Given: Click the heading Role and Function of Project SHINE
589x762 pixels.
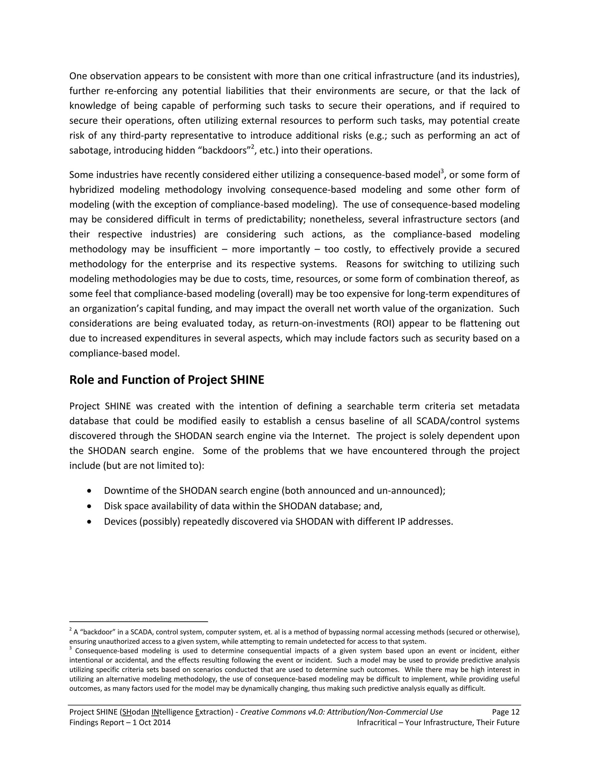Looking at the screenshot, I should tap(167, 380).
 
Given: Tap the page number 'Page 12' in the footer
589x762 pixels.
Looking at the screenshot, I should tap(505, 712).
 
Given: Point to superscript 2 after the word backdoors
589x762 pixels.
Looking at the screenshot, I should tap(252, 147).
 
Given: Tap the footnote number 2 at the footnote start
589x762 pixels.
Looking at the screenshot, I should tap(71, 629).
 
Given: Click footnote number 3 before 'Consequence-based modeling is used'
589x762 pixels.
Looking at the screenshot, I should tap(71, 648).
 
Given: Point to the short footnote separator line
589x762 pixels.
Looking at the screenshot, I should tap(139, 621).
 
